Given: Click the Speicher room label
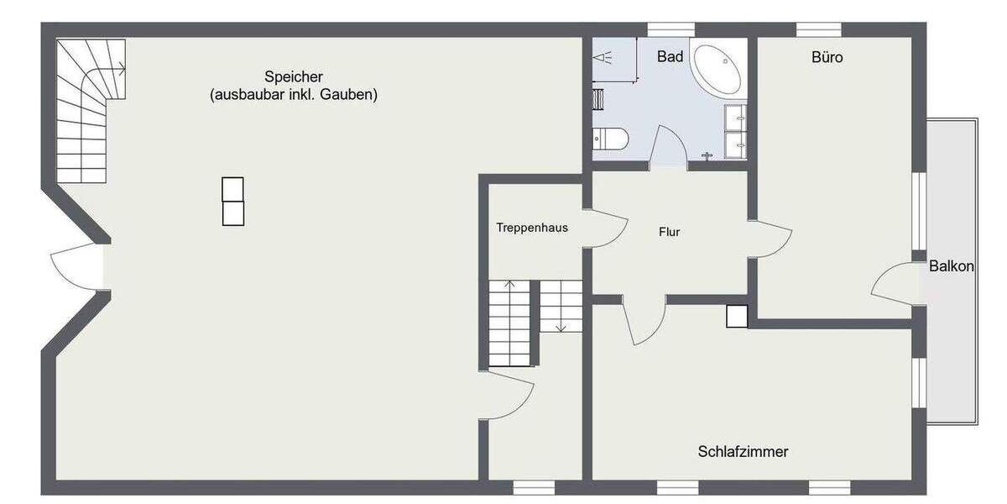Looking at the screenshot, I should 293,76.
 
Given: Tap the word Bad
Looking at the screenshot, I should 670,57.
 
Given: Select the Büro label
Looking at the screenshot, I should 827,57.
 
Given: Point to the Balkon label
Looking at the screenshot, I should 951,266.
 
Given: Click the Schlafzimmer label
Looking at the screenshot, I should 743,452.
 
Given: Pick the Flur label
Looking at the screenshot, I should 669,233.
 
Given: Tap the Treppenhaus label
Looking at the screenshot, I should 532,228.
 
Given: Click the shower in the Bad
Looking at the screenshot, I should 614,58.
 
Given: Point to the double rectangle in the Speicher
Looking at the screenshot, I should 232,202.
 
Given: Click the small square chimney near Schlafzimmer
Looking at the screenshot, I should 737,315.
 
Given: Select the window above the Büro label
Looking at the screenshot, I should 818,30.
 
